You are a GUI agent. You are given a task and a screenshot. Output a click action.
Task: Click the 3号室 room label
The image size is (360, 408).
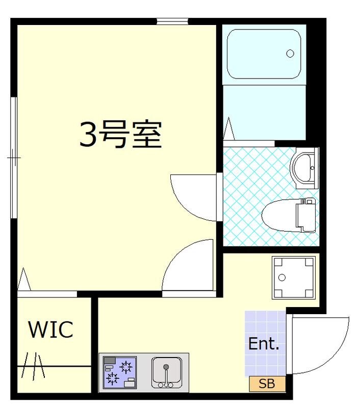tap(120, 135)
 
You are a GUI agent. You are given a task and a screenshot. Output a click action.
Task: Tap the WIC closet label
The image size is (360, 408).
tap(50, 330)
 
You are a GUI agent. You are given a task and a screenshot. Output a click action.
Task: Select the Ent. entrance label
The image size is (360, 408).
tap(264, 344)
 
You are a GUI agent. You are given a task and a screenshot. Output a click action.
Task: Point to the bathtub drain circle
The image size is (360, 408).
tap(290, 53)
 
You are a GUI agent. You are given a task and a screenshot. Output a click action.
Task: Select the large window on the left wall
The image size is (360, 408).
tap(14, 158)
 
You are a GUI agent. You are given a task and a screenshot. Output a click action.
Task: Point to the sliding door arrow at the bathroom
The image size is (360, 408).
tap(228, 128)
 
